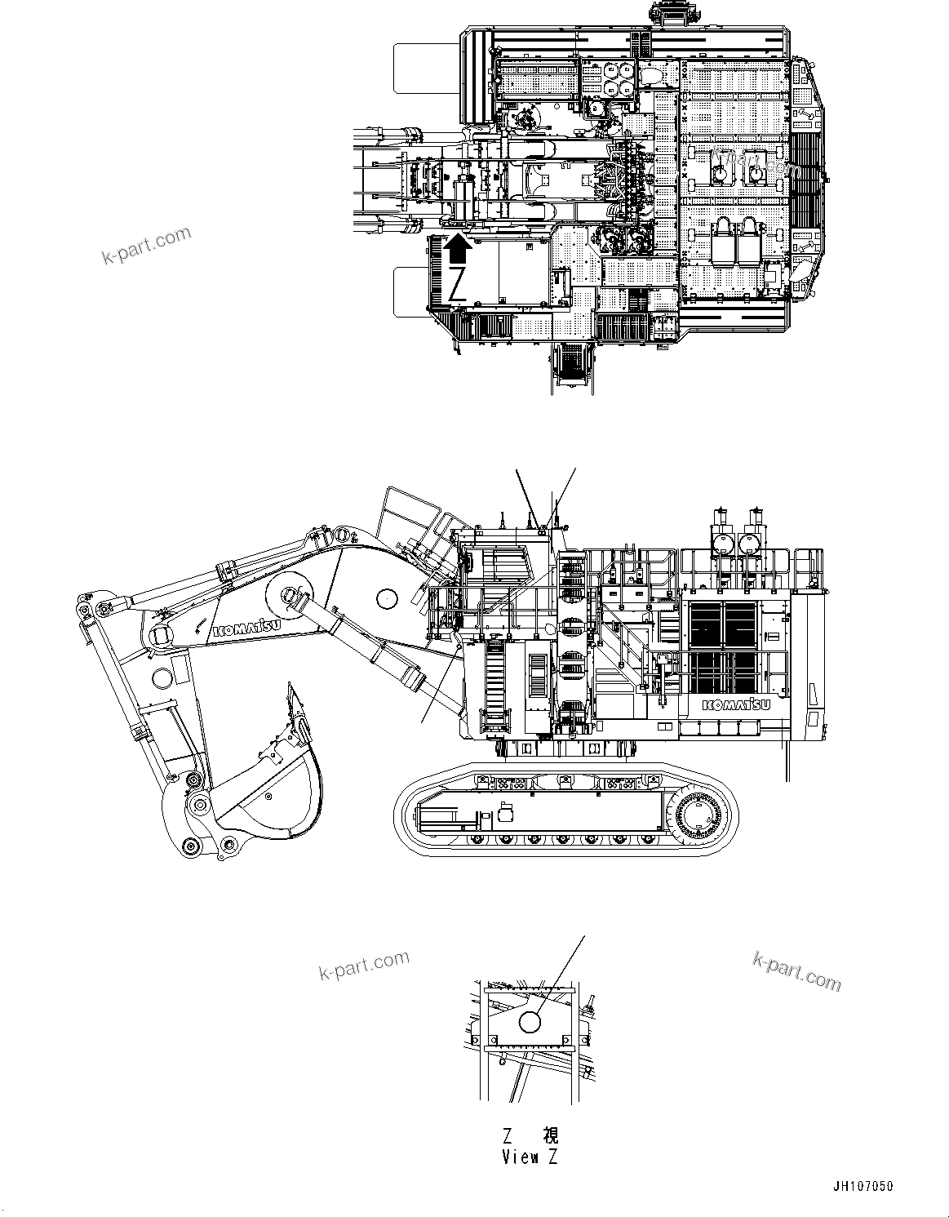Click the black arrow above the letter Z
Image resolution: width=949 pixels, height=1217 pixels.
[459, 247]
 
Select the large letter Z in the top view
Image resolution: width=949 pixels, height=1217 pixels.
[457, 283]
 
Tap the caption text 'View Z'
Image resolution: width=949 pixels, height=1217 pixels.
[530, 1157]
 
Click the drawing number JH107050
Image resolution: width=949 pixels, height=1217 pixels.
[863, 1186]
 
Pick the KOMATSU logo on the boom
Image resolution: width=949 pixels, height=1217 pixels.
[246, 628]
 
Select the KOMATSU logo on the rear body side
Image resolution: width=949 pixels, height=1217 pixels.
[730, 704]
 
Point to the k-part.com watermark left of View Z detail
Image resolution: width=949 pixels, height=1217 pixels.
[363, 966]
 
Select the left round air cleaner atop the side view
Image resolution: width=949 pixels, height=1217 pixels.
[721, 544]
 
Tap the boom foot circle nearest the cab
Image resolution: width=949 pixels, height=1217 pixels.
[386, 597]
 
